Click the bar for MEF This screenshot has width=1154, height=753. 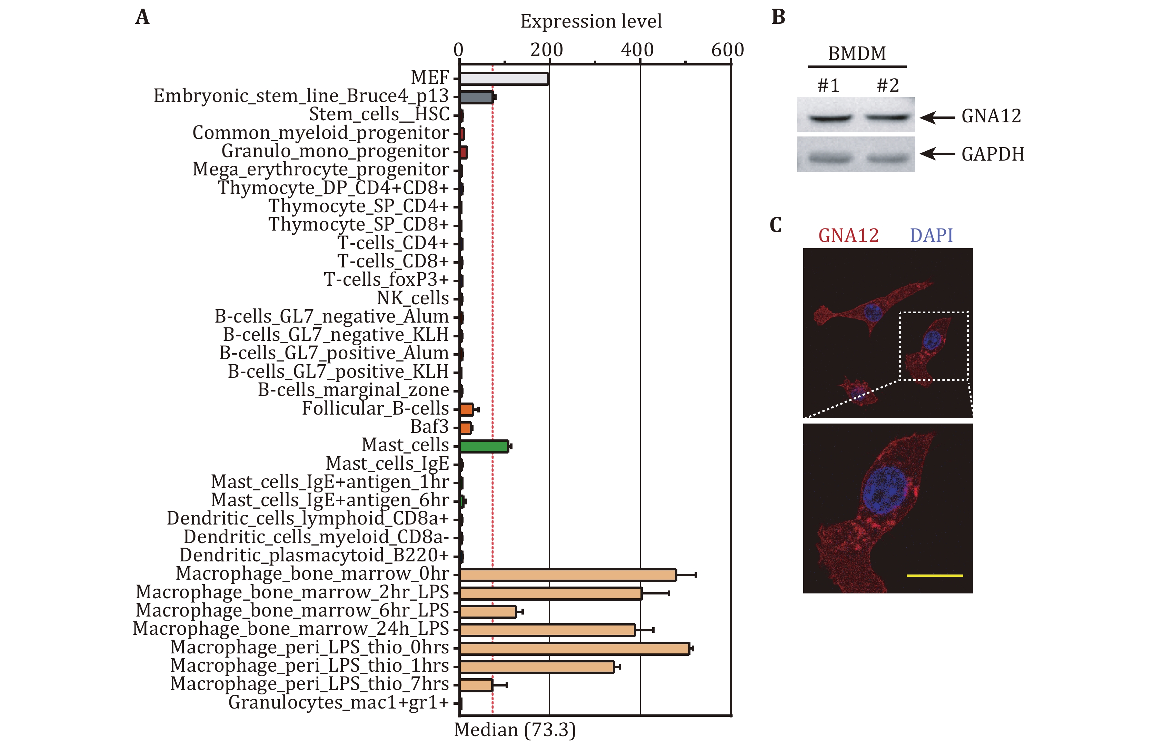pos(504,79)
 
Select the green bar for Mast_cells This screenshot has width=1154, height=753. pos(484,446)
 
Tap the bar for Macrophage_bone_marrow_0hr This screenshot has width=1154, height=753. pos(568,575)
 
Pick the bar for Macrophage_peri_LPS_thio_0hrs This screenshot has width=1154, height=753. pos(575,648)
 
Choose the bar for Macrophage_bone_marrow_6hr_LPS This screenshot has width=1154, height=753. pos(488,611)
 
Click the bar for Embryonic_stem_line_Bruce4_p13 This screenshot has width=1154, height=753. pos(476,97)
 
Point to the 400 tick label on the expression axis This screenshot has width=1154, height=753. pos(637,50)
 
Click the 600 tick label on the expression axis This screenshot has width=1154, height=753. pos(727,50)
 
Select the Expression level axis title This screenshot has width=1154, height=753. pos(591,21)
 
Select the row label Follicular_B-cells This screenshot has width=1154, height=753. pos(376,408)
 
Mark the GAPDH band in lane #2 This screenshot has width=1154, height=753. pos(887,157)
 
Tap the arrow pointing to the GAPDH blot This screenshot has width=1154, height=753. pos(938,154)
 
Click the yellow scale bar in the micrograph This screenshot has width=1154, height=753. pos(934,576)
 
